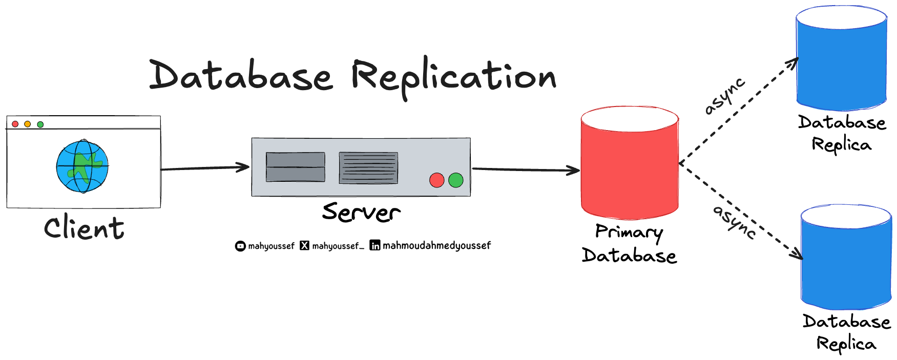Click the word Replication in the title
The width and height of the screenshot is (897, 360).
453,77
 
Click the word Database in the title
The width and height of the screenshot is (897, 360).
241,76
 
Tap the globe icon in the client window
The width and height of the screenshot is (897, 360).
82,166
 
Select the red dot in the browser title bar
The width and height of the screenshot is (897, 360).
15,124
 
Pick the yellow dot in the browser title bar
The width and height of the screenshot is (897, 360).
28,124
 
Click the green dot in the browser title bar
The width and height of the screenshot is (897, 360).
40,124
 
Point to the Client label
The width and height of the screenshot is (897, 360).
84,228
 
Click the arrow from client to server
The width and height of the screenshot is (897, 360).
205,168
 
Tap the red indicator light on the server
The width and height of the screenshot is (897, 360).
436,180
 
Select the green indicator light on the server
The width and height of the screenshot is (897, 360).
455,180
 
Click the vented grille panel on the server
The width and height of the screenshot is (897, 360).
368,168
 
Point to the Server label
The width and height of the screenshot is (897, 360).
361,212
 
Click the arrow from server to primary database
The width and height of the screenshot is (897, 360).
525,170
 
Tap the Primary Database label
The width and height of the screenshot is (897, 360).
629,244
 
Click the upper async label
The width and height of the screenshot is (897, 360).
724,96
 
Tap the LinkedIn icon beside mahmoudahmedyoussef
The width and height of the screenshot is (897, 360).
375,246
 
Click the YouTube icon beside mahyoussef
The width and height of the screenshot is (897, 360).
240,246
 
